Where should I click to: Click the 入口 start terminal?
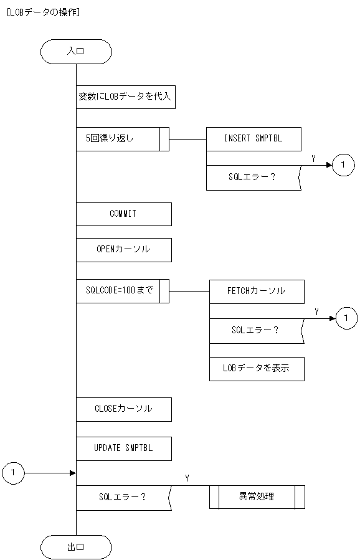pyautogui.click(x=76, y=52)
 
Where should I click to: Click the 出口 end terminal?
pyautogui.click(x=76, y=548)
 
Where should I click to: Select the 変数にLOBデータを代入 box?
pyautogui.click(x=125, y=97)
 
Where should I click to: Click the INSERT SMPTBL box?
pyautogui.click(x=253, y=139)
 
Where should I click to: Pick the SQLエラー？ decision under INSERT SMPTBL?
pyautogui.click(x=252, y=178)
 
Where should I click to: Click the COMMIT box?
pyautogui.click(x=123, y=214)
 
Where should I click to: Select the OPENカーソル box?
pyautogui.click(x=123, y=250)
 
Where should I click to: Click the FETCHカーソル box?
pyautogui.click(x=257, y=291)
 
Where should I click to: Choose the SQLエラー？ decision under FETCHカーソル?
pyautogui.click(x=255, y=330)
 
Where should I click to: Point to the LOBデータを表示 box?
pyautogui.click(x=257, y=368)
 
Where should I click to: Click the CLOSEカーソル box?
pyautogui.click(x=123, y=409)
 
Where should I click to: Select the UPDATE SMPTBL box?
pyautogui.click(x=123, y=448)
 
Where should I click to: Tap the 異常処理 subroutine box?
pyautogui.click(x=257, y=497)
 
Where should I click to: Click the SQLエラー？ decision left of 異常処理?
pyautogui.click(x=123, y=497)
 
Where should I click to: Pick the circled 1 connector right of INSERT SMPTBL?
pyautogui.click(x=343, y=165)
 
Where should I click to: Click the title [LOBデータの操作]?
pyautogui.click(x=42, y=12)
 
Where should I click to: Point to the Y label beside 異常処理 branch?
pyautogui.click(x=187, y=478)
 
